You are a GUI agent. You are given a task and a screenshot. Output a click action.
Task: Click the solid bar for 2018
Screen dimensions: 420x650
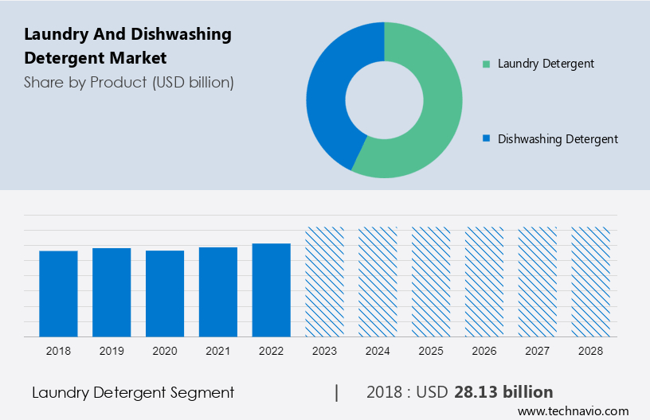(58, 294)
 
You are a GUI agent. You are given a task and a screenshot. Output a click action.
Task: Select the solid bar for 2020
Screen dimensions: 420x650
(165, 294)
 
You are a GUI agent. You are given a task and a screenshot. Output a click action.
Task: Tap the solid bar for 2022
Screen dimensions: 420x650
(272, 290)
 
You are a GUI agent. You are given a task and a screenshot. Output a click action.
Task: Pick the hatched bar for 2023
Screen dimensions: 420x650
(325, 282)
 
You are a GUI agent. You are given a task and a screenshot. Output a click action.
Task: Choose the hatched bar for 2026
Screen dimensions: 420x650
(485, 282)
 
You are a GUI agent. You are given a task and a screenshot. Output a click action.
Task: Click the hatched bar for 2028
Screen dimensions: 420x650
(591, 282)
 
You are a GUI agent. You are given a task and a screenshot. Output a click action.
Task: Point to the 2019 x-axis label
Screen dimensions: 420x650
(112, 350)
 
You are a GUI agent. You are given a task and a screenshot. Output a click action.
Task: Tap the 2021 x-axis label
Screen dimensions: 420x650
(218, 350)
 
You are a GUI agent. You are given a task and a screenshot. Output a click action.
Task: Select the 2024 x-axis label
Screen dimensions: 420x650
(378, 350)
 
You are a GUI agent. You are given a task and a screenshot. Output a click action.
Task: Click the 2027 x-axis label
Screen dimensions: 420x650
(538, 350)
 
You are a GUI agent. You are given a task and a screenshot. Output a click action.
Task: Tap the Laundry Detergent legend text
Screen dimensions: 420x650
(546, 64)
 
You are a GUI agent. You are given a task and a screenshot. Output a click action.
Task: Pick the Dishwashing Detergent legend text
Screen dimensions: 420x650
(558, 139)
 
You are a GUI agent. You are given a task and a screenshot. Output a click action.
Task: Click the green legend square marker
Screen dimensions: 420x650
(486, 64)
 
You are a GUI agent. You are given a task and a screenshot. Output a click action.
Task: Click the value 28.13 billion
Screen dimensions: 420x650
(503, 392)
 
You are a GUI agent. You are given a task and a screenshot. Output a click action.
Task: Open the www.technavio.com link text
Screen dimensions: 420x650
(573, 411)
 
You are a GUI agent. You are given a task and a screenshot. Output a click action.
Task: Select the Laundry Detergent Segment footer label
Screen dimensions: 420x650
(133, 392)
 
